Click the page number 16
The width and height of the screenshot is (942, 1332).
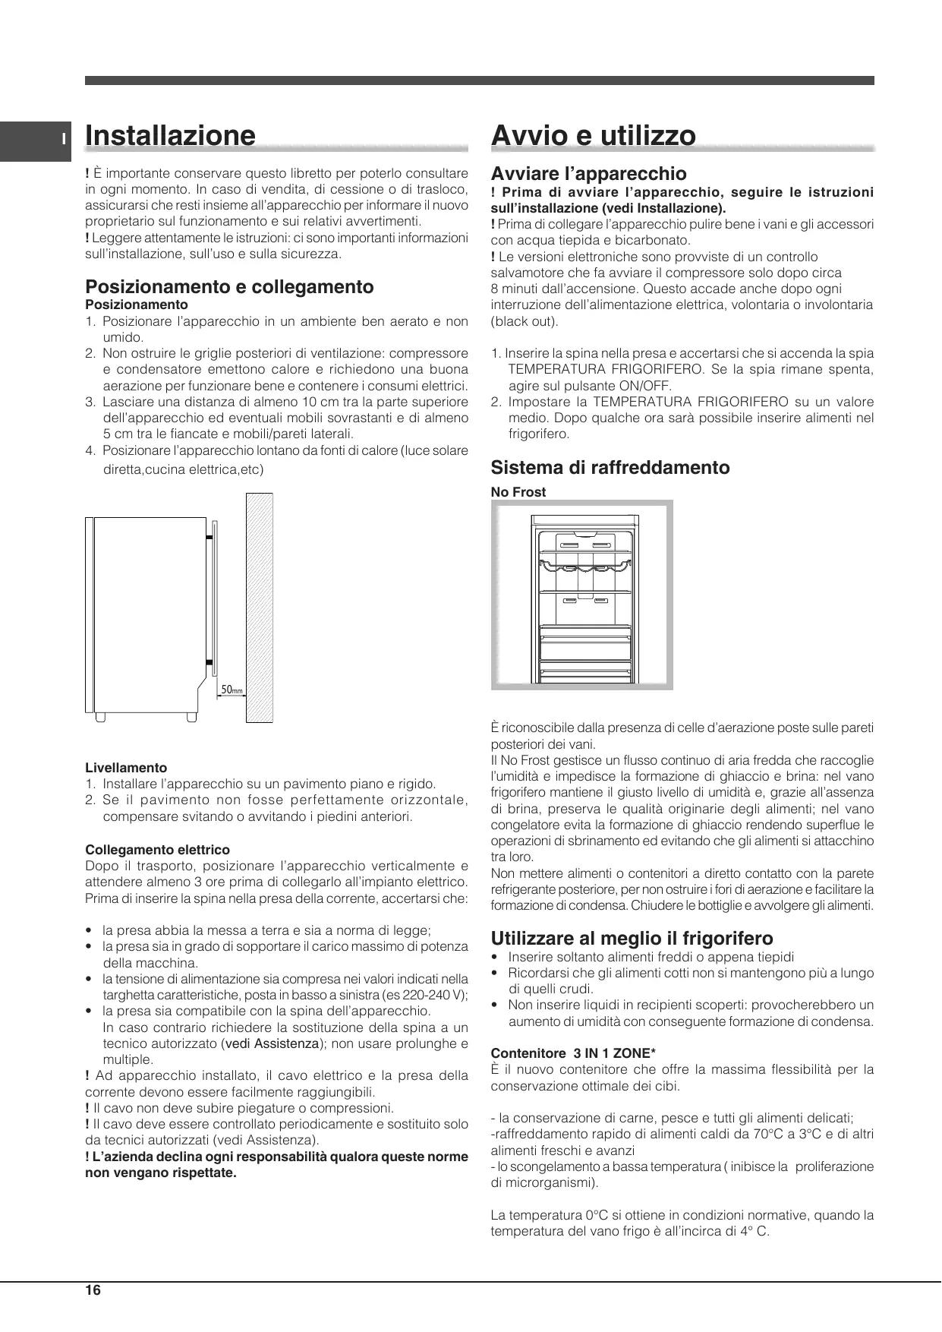coord(93,1290)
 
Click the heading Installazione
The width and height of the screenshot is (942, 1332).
coord(171,135)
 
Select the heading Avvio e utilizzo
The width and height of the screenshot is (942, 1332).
coord(594,135)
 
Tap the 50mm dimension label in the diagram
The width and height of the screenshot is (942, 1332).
coord(232,690)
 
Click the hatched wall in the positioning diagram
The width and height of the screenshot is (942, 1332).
coord(259,608)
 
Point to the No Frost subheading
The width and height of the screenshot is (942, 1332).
coord(518,492)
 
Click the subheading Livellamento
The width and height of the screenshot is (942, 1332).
coord(126,768)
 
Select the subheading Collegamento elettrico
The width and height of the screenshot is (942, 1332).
coord(157,850)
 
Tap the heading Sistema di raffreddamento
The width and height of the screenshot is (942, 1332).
coord(610,467)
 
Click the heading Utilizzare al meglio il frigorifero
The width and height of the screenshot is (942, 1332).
coord(632,938)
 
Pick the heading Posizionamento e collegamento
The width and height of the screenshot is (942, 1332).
coord(229,286)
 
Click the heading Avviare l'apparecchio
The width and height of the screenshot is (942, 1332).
coord(588,174)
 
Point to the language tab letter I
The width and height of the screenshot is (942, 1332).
coord(65,140)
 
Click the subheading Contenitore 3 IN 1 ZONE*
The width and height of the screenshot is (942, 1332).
coord(573,1053)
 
